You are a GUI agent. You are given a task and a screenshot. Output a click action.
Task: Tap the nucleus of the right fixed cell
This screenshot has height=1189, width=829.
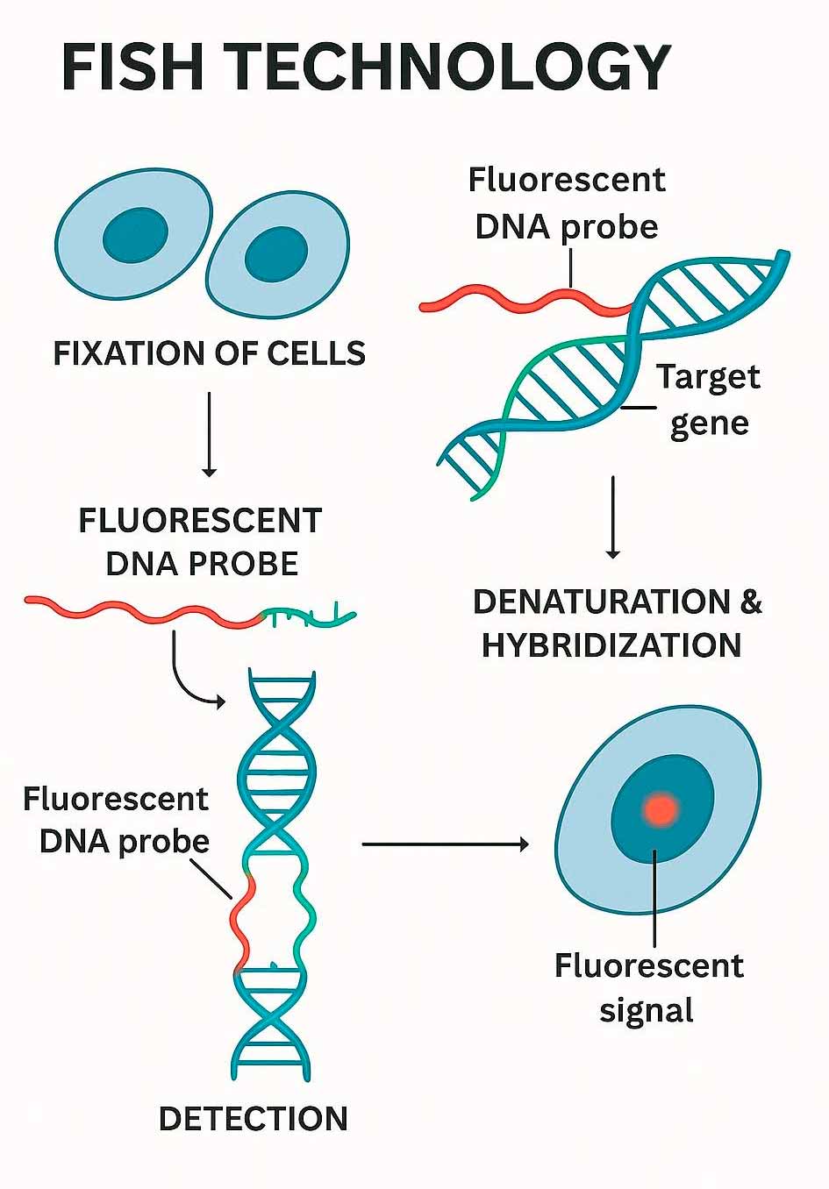point(276,255)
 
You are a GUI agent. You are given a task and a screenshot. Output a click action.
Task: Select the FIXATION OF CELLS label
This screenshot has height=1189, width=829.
point(210,353)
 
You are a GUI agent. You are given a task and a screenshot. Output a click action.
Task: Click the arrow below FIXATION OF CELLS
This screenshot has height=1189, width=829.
point(209,434)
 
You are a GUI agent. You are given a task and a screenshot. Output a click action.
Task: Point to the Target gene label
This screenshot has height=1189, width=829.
point(708,399)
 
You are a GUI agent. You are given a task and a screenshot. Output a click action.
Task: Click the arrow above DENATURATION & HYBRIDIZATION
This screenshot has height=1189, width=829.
point(613,517)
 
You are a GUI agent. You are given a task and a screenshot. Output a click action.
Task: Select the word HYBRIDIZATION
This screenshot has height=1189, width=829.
point(611,645)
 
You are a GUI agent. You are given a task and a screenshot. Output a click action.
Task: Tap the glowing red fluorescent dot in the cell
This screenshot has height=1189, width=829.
point(660,808)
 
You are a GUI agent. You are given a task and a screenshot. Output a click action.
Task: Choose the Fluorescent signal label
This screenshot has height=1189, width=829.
point(648,987)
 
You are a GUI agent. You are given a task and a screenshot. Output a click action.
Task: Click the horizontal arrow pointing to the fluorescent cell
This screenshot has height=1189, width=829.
point(446,844)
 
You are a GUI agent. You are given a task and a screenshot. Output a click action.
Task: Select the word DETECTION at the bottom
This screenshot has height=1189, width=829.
point(254,1119)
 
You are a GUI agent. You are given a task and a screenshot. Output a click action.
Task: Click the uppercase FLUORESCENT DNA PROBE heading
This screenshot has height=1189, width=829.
point(201,542)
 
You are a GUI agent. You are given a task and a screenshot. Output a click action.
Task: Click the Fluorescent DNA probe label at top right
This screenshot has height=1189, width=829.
point(567,203)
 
